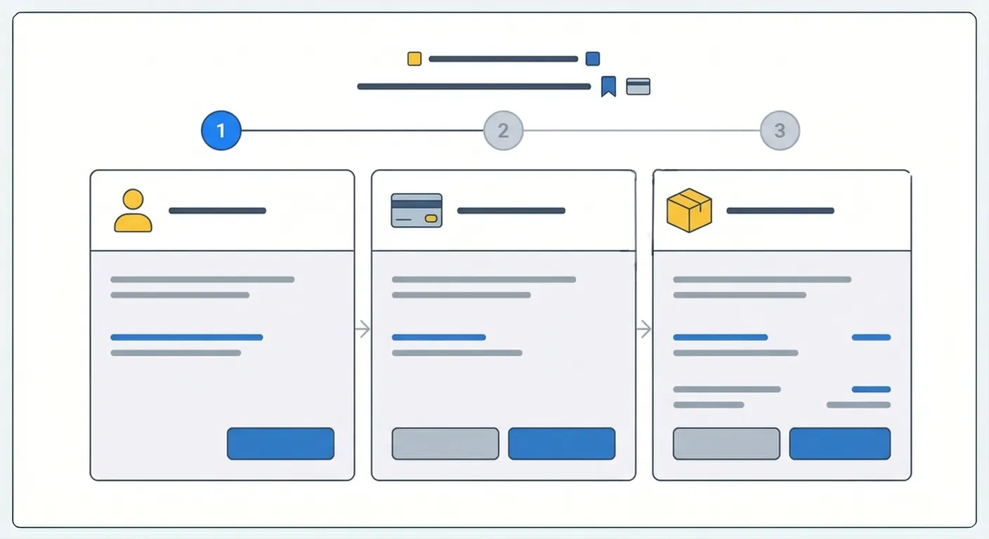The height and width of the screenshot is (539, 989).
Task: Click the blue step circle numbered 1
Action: [221, 131]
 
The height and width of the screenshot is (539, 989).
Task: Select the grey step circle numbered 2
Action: [503, 131]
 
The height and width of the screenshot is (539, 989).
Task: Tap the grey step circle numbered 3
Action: [780, 131]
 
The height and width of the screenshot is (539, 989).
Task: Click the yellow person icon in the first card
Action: [133, 211]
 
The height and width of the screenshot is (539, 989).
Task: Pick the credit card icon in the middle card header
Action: [417, 211]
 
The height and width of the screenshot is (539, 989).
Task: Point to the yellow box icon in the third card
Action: [689, 211]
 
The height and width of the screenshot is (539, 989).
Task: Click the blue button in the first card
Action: [280, 444]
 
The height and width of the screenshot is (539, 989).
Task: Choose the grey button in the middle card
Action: [445, 444]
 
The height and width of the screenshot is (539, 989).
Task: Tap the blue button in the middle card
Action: [561, 444]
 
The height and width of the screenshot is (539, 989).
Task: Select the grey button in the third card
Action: [726, 444]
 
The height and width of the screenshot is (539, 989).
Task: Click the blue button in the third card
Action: [839, 444]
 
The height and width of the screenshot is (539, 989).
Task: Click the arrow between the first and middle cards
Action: [362, 328]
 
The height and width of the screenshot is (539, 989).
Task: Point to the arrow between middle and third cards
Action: [643, 328]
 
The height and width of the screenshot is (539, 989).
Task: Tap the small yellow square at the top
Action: [414, 59]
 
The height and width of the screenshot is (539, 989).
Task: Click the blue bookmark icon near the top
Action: [608, 86]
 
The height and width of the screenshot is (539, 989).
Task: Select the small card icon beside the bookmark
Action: [638, 86]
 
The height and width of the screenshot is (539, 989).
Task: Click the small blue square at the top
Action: [593, 59]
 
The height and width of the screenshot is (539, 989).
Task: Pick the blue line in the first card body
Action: [187, 338]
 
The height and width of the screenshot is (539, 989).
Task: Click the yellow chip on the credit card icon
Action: [431, 219]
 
